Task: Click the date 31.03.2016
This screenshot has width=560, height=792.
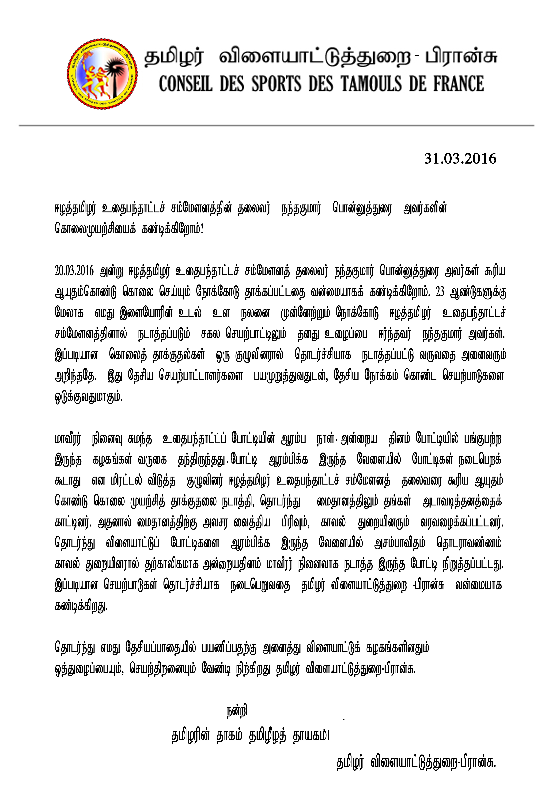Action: (460, 159)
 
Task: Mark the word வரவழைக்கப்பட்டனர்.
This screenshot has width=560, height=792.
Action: (462, 523)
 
